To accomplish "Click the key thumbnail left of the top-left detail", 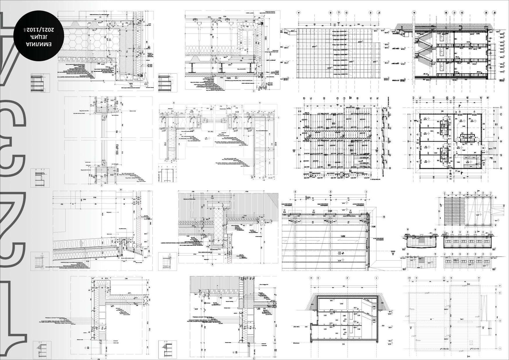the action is tap(40, 83).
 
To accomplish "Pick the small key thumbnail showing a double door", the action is tap(167, 173).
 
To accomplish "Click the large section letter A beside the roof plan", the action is tap(393, 253).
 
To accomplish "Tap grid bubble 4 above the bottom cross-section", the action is tap(311, 278).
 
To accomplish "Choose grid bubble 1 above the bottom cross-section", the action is tap(376, 278).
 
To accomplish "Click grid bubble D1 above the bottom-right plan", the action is tap(409, 278).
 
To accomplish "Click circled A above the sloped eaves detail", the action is tap(120, 190).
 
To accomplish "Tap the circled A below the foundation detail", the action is tap(212, 264).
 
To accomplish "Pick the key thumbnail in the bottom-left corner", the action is tap(40, 350).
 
